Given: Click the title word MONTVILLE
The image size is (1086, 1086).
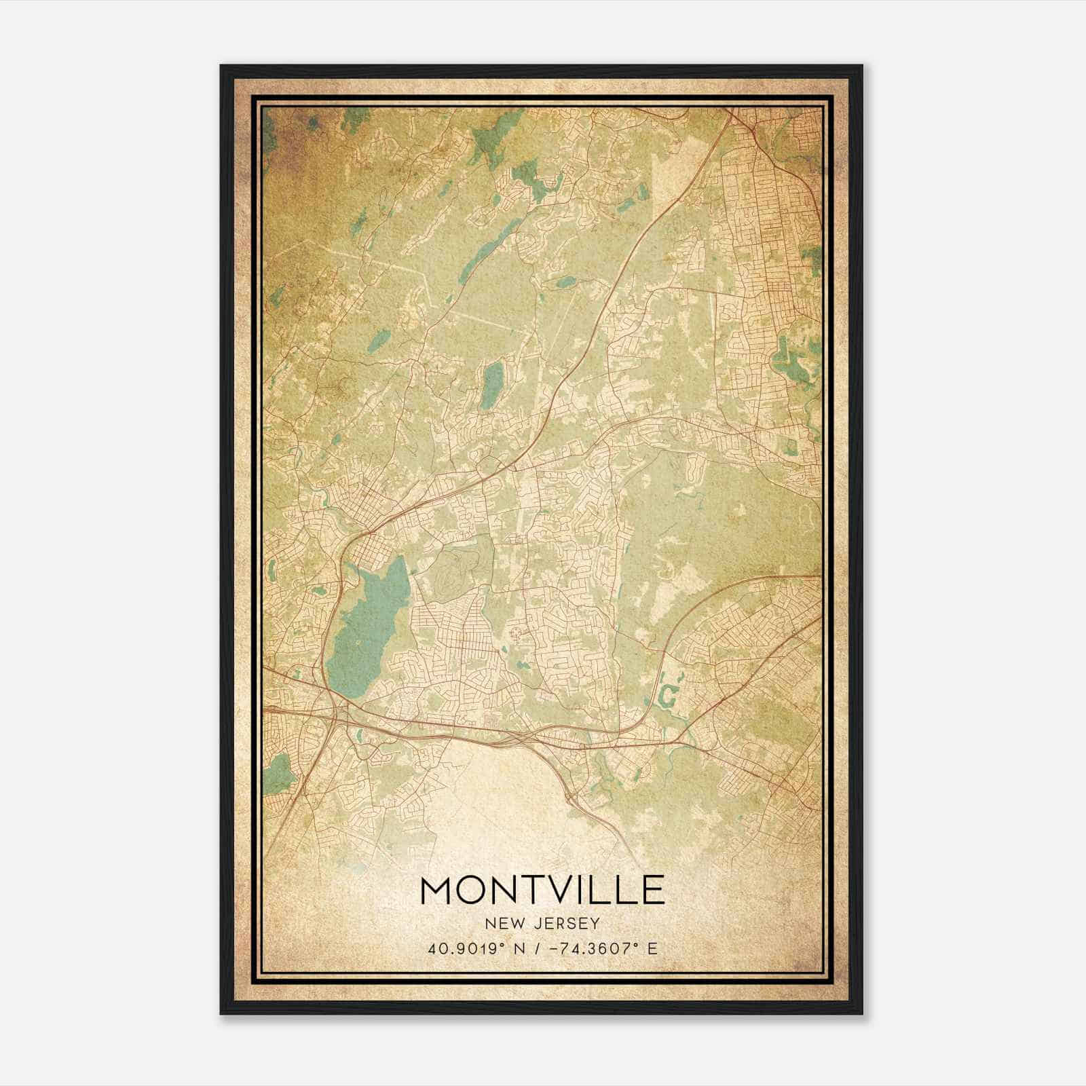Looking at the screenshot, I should point(542,890).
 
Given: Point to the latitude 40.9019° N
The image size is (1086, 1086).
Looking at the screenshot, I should point(475,948).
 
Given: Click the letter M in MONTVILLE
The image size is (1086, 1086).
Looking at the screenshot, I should point(438,890).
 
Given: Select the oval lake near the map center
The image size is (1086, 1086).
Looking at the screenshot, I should point(493,385).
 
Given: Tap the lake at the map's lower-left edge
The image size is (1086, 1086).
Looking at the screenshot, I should point(276,770).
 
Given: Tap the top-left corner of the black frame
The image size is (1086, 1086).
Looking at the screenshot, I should point(222,67).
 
